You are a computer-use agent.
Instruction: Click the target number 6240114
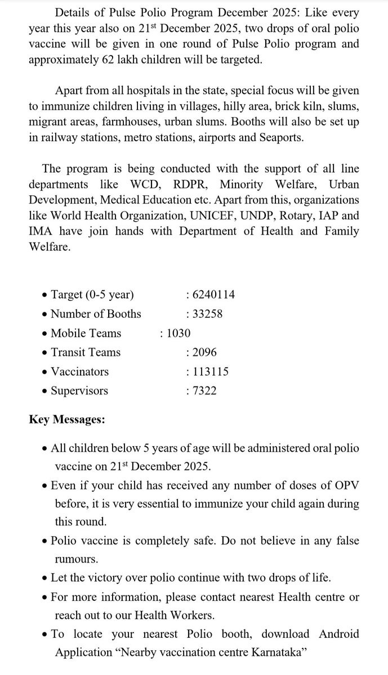tap(213, 295)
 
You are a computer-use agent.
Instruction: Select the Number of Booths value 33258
tap(210, 314)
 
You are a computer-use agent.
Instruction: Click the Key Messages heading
tap(66, 419)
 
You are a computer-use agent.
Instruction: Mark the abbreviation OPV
tap(345, 485)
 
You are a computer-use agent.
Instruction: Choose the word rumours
tap(77, 559)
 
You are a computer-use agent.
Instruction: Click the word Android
tap(339, 634)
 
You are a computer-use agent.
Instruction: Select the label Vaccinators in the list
tap(79, 371)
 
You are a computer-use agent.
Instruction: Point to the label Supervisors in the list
tap(79, 390)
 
